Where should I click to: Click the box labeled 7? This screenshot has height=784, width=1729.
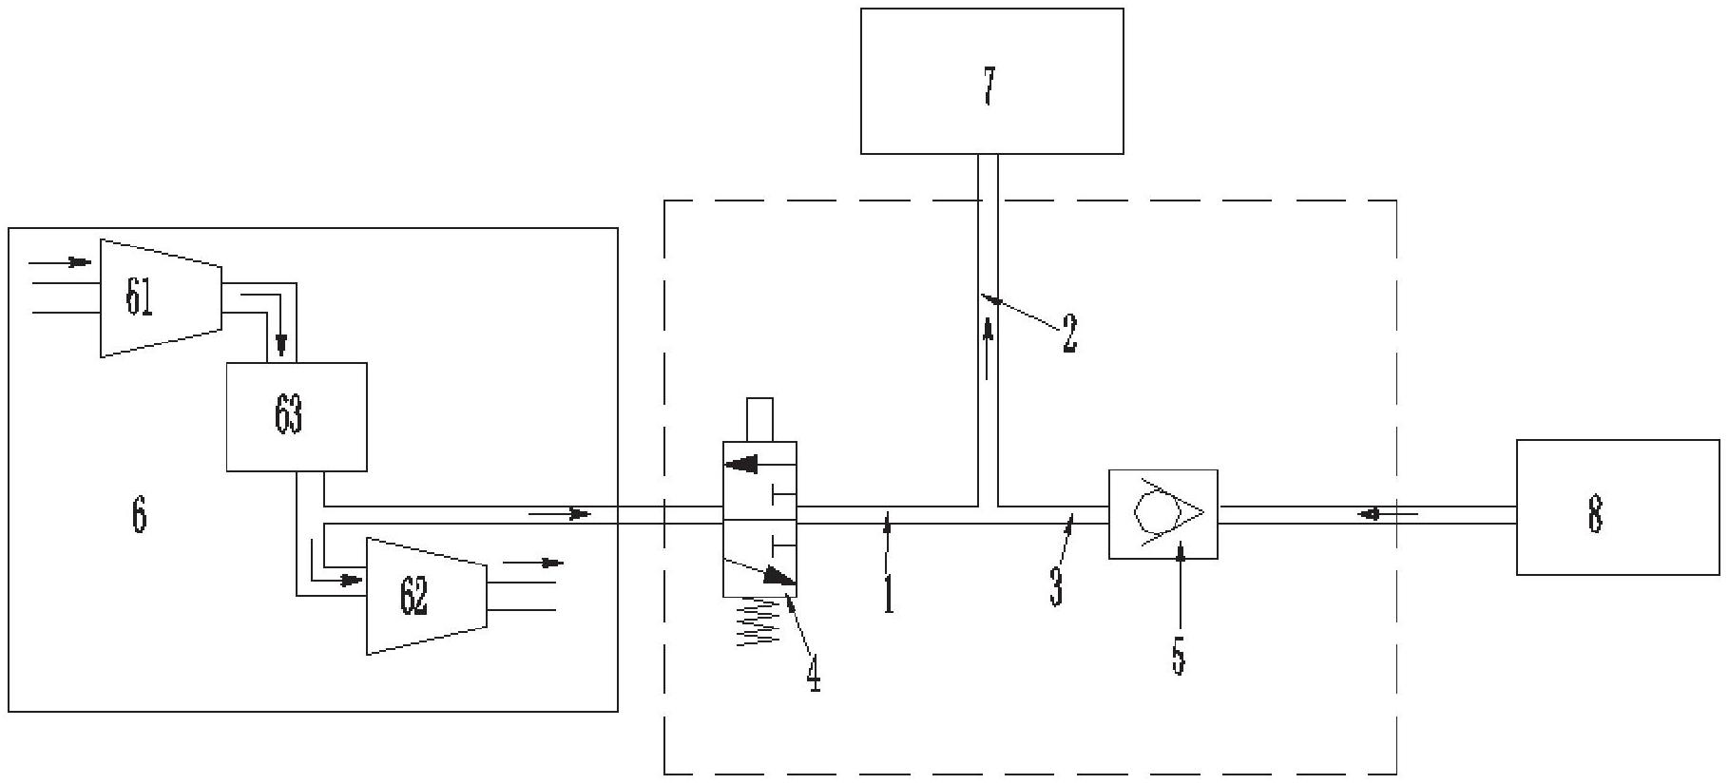[x=991, y=82]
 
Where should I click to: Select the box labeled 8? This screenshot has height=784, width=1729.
[x=1617, y=507]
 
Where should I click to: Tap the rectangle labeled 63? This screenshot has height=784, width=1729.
[x=296, y=416]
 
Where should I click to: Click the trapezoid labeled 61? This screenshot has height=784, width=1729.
[x=161, y=297]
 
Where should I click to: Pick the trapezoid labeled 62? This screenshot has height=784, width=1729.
[x=427, y=596]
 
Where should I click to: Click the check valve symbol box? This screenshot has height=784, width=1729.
[x=1162, y=513]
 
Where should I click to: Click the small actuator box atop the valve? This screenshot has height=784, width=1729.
[x=759, y=420]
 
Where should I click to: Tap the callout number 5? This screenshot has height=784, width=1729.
[x=1179, y=655]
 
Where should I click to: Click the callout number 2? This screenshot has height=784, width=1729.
[x=1069, y=334]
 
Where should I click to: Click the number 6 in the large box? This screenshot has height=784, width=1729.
[x=139, y=515]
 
